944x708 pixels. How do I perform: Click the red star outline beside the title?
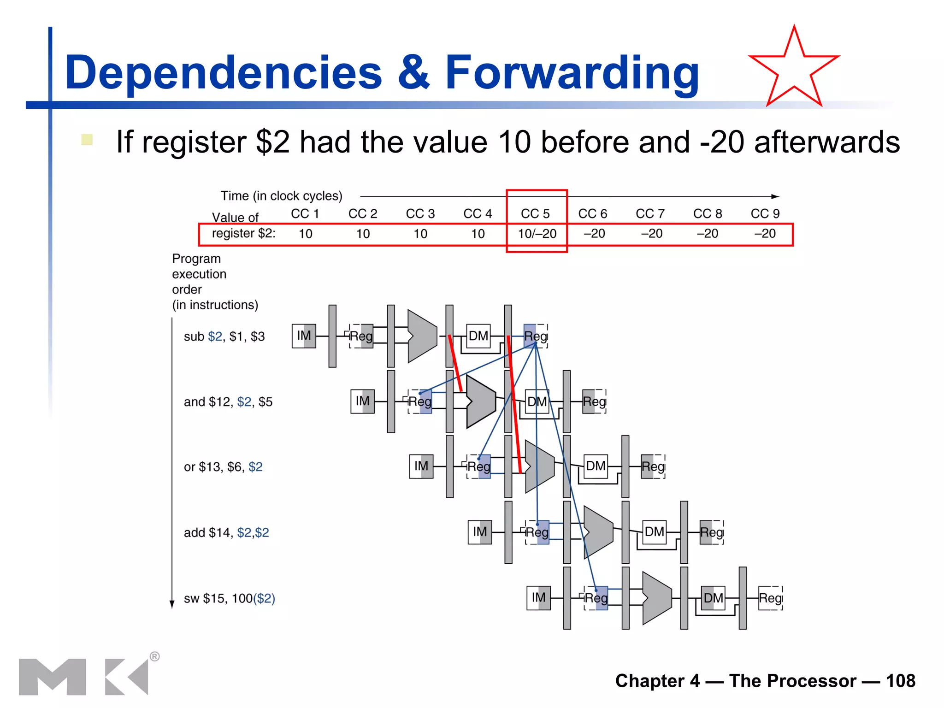794,69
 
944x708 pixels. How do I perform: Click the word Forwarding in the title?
572,72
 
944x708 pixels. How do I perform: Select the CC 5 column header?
535,214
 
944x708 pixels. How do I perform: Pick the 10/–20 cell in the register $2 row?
537,234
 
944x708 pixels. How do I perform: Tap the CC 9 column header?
765,214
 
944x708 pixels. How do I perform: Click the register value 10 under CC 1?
305,234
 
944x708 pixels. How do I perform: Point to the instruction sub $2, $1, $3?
224,336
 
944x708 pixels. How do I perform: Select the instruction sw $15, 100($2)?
229,598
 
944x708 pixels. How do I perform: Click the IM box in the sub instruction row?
304,336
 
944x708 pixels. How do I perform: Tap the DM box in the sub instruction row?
478,336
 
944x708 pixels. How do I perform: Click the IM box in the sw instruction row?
538,598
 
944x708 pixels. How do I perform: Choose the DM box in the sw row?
713,598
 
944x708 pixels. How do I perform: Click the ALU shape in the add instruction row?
598,532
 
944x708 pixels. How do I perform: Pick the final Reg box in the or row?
653,466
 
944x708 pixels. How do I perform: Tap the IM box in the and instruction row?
362,401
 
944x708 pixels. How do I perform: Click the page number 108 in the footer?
900,681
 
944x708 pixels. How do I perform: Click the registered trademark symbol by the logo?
155,656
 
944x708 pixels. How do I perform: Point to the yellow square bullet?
87,140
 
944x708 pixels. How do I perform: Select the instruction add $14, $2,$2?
226,533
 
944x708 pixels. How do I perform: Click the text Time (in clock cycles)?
281,196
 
